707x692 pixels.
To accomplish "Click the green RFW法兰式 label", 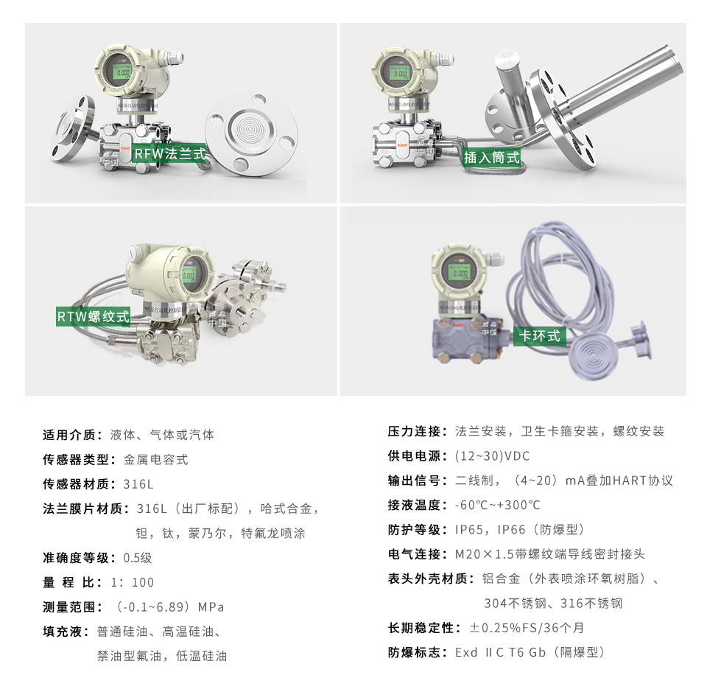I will click(x=169, y=154).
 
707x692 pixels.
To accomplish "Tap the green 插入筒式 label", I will click(x=491, y=157).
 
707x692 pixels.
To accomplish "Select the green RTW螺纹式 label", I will click(x=94, y=317).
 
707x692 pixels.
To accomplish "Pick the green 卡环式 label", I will click(x=540, y=336).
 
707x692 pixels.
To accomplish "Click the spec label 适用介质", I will click(x=70, y=435).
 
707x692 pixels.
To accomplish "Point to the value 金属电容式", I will click(x=155, y=460).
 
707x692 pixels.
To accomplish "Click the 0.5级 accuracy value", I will click(x=138, y=558).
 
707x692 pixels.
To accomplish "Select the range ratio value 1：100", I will click(x=133, y=582).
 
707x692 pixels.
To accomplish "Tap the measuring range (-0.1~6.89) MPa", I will click(x=170, y=607).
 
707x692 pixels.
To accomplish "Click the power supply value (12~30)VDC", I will click(x=492, y=455).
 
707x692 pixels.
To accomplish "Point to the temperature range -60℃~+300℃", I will click(x=497, y=505).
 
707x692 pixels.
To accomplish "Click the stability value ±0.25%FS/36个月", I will click(x=527, y=628).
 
